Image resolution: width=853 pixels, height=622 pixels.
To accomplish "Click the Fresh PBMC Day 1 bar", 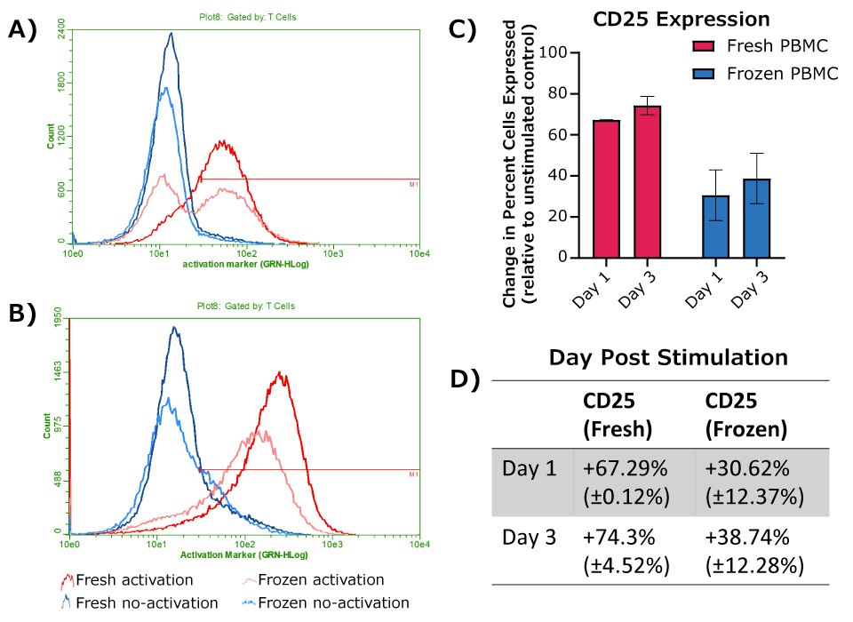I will coord(607,188).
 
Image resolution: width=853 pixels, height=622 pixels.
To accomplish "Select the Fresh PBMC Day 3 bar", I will coord(647,181).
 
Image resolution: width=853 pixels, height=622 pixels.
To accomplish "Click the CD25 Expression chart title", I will coord(682,19).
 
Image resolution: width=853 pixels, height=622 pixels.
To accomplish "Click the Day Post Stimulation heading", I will coord(667,358).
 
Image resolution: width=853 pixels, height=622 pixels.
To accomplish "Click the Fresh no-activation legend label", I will coord(147,602).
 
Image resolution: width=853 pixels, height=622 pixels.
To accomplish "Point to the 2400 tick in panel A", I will coord(60,35).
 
